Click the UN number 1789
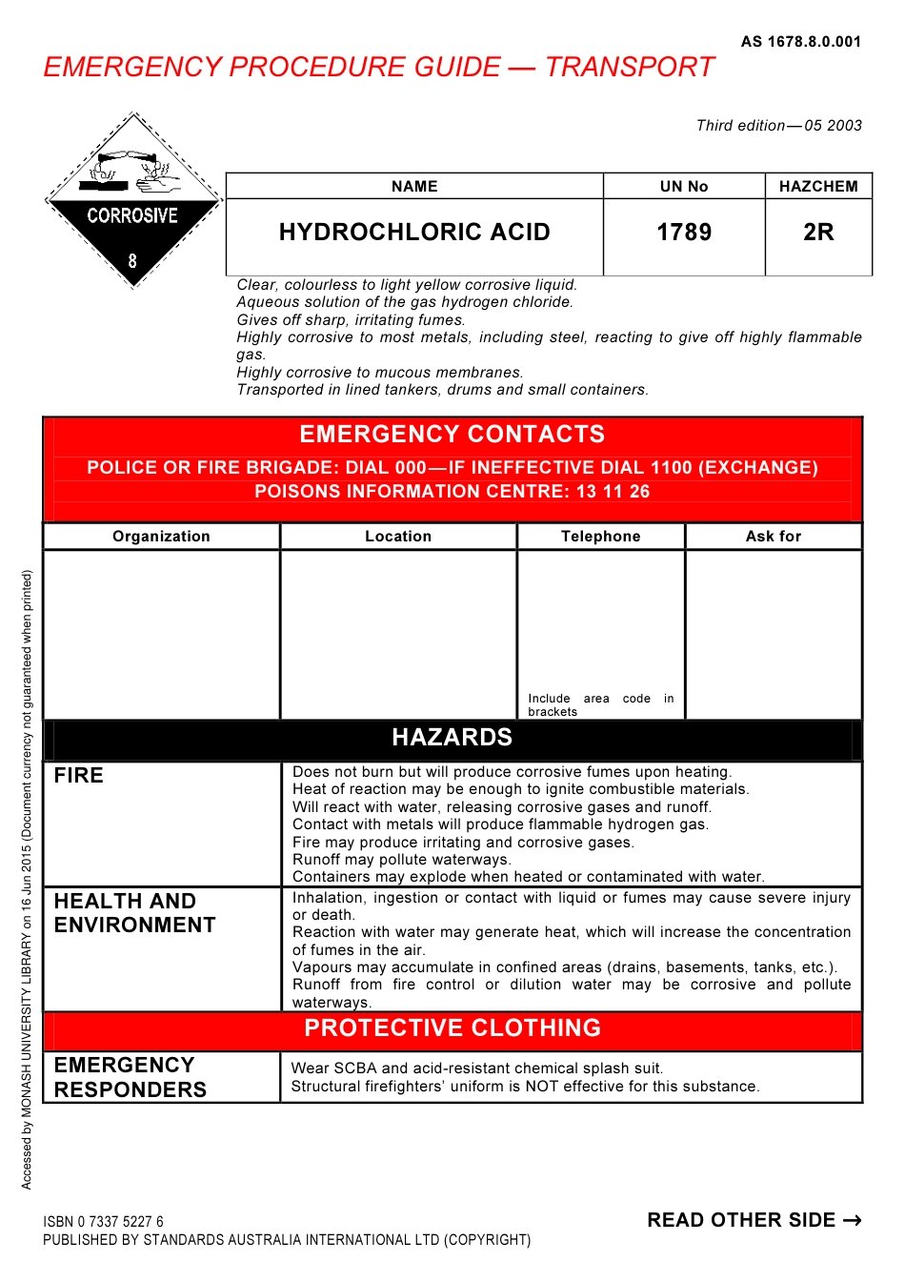(x=684, y=233)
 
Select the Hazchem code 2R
(x=818, y=233)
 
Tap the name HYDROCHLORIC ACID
(x=414, y=233)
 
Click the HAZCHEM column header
(x=818, y=187)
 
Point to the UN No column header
(x=684, y=187)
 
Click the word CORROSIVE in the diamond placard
(x=132, y=216)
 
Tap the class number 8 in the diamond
(x=132, y=260)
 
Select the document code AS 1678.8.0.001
(x=800, y=42)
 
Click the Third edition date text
(x=778, y=126)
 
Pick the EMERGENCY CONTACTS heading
(x=452, y=435)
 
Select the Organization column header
(x=161, y=537)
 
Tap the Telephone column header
(x=600, y=537)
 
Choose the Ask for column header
(x=774, y=537)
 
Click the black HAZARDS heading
(x=452, y=738)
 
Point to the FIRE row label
(x=79, y=776)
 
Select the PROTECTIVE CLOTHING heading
(x=452, y=1028)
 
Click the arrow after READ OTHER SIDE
(x=853, y=1221)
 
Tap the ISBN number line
(x=103, y=1222)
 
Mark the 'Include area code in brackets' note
(x=600, y=705)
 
